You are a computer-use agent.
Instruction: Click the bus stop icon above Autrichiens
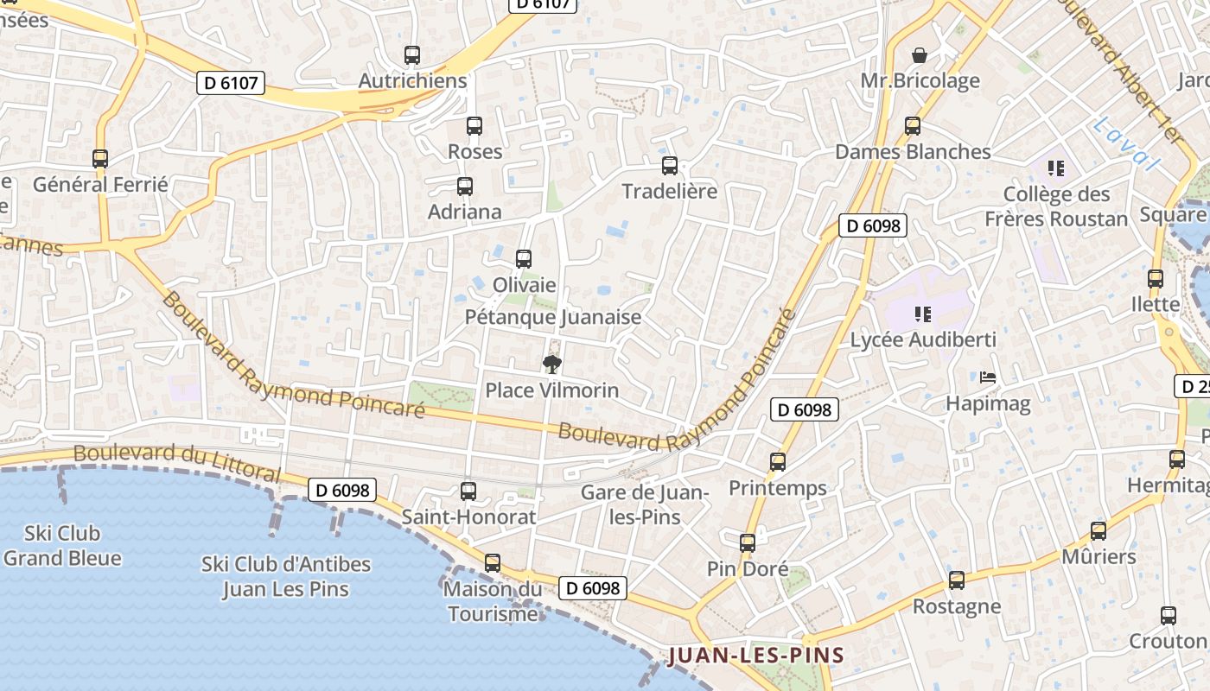point(412,55)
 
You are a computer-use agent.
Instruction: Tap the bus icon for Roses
point(474,126)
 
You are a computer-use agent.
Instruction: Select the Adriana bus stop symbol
point(465,187)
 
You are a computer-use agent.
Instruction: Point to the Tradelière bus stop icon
point(670,166)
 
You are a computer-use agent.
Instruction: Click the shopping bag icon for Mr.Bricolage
point(920,55)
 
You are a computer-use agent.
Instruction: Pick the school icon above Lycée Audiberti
point(922,314)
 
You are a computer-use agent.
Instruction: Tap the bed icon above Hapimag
point(988,377)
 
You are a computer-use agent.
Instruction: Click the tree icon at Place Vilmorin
point(551,364)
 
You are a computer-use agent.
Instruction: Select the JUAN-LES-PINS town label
point(755,655)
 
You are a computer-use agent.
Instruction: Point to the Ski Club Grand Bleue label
point(62,546)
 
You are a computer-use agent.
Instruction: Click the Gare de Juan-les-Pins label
point(645,504)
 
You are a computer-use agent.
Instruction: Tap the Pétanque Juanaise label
point(553,317)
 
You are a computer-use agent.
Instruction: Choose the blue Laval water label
point(1124,145)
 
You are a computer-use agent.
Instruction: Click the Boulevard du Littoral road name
point(177,463)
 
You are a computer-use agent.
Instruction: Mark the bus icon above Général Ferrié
point(100,159)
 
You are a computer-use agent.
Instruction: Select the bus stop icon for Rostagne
point(957,580)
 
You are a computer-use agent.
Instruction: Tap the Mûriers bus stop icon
point(1099,531)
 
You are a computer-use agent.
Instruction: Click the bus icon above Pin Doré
point(748,543)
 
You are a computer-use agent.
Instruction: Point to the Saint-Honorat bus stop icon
point(468,491)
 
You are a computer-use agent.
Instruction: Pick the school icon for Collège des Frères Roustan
point(1055,168)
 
